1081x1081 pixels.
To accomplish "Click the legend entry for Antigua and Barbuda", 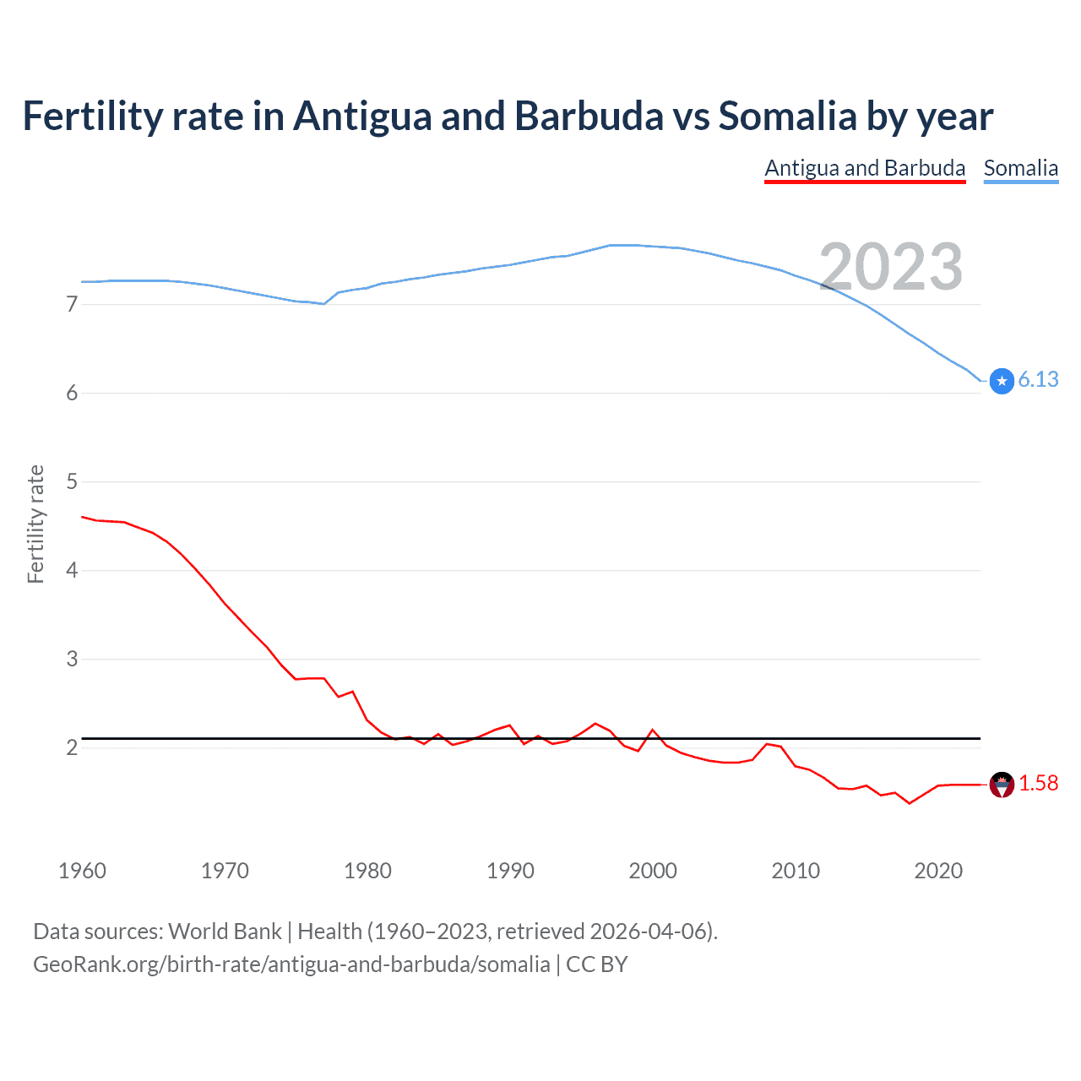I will pos(865,168).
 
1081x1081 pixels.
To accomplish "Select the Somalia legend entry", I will pos(1020,168).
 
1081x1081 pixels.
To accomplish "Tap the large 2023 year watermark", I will pos(891,267).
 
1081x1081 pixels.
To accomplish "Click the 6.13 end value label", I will pos(1038,380).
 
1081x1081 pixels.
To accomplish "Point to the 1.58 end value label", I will pos(1038,784).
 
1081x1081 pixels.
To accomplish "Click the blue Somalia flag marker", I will pos(1002,382).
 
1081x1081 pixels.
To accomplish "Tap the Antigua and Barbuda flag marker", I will pos(1002,785).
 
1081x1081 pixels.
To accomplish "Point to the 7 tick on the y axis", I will pos(72,304).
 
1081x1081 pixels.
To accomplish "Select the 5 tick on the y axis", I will pos(72,481).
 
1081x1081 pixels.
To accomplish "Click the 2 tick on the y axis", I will pos(72,747).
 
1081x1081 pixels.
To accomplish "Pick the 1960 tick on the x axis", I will pos(82,871).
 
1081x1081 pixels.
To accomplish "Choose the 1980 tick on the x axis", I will pos(367,871).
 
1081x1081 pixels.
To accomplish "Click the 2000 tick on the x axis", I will pos(653,871).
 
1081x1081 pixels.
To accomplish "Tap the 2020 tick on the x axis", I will pos(938,871).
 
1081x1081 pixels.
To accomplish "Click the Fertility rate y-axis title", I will pos(35,524).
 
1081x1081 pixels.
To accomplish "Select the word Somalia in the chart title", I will pos(787,117).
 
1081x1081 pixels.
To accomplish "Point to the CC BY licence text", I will pos(596,964).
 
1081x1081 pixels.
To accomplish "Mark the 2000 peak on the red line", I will pos(653,730).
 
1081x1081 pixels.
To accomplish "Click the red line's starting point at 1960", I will pos(82,517).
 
